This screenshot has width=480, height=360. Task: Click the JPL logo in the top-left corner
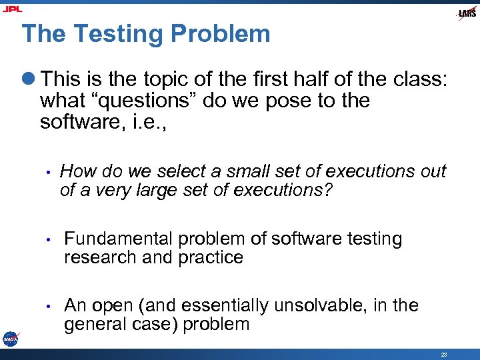click(x=13, y=9)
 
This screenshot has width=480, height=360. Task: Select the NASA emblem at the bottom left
click(x=11, y=339)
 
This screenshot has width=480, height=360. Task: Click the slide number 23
click(x=444, y=353)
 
